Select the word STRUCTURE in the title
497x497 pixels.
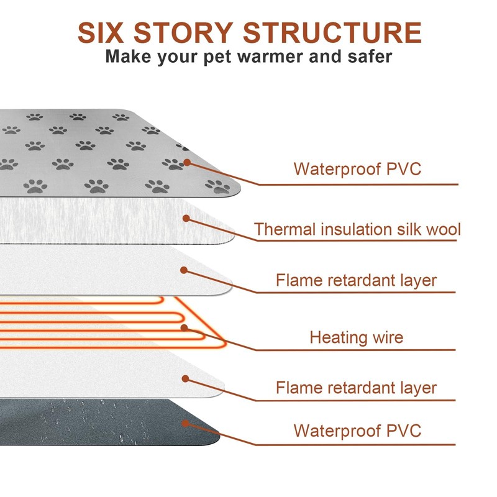pos(333,33)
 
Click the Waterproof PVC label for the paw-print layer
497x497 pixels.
pos(357,168)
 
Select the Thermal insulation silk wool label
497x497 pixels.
pos(357,229)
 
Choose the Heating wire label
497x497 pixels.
pos(357,337)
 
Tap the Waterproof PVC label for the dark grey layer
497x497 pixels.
pos(357,430)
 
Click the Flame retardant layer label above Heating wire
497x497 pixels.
pos(357,280)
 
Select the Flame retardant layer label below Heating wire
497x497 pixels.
pos(357,388)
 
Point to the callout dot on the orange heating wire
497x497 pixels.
pos(184,327)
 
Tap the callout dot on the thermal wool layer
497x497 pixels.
pos(186,217)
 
